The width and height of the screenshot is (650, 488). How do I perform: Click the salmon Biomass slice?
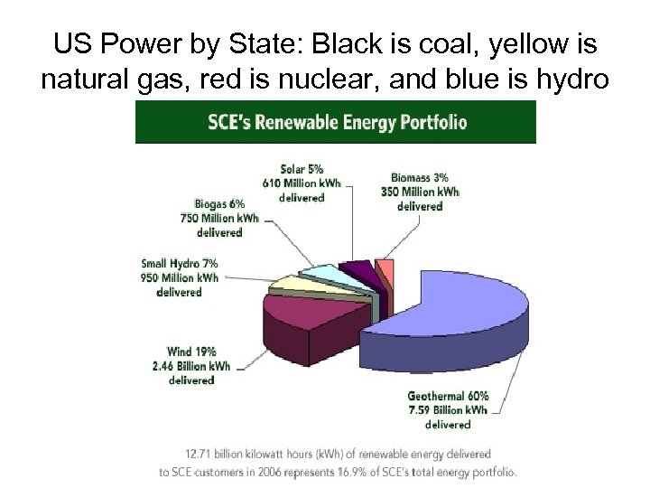[x=385, y=269]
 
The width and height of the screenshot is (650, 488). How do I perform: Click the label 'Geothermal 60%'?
[x=448, y=396]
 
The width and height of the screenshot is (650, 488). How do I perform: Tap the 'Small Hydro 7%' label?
[x=180, y=264]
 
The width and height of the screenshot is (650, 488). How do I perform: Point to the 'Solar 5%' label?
[x=302, y=168]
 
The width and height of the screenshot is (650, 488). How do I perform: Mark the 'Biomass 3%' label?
[x=421, y=178]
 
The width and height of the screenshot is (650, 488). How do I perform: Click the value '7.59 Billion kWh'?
[x=448, y=409]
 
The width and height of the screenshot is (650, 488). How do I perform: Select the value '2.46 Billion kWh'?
[x=191, y=366]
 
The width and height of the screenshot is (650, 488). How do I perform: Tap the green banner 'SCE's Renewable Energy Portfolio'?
[x=336, y=122]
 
